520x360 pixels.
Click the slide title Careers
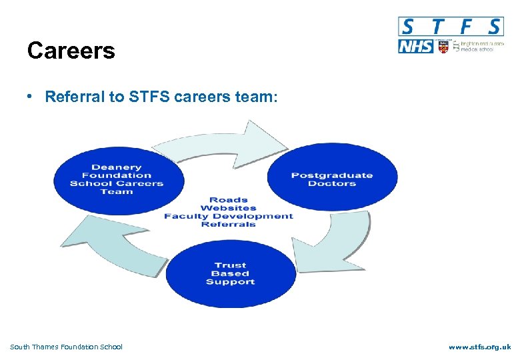click(x=71, y=51)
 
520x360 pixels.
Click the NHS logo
click(x=415, y=46)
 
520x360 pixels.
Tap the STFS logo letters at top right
click(x=450, y=27)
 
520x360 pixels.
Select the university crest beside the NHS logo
click(x=443, y=47)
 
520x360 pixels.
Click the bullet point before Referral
click(x=30, y=96)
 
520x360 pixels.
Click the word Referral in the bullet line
click(x=73, y=97)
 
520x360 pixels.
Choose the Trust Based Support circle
click(x=230, y=274)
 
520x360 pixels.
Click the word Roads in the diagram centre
click(x=229, y=199)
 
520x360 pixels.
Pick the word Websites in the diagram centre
click(x=229, y=208)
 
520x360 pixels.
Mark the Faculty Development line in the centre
click(x=229, y=216)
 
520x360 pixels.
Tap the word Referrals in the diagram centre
click(x=229, y=225)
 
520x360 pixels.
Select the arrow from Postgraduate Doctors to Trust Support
click(x=330, y=243)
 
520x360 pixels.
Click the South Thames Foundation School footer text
click(x=66, y=347)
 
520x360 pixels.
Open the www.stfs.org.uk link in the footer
click(x=479, y=347)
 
